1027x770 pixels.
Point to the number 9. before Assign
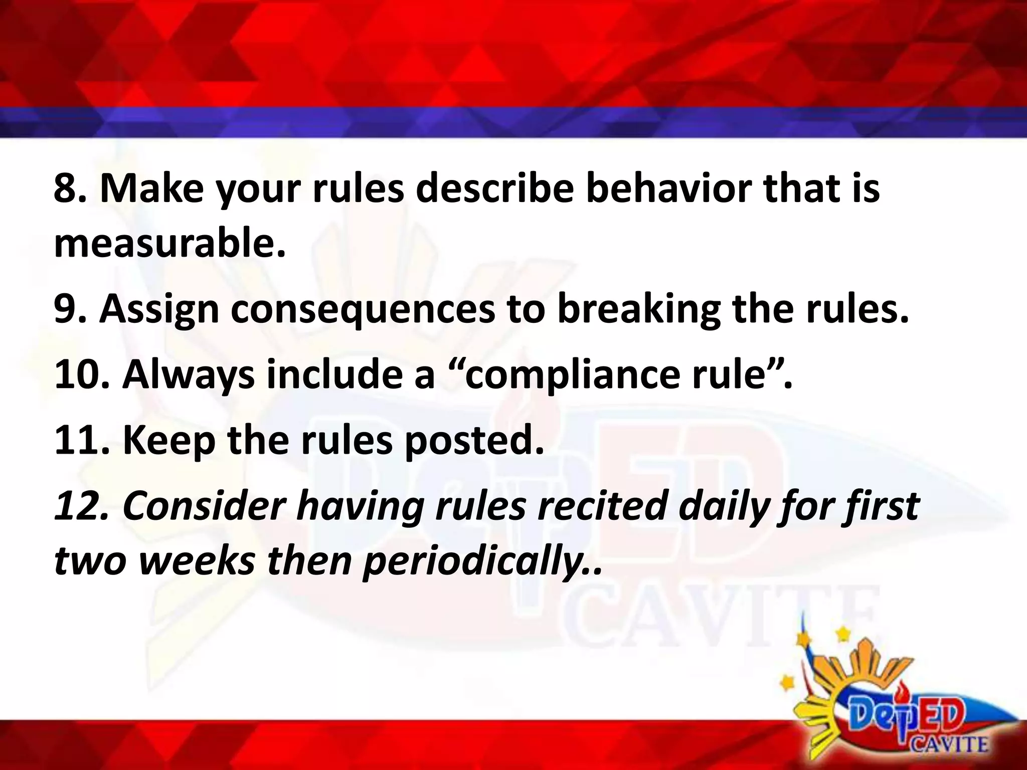(x=71, y=309)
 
